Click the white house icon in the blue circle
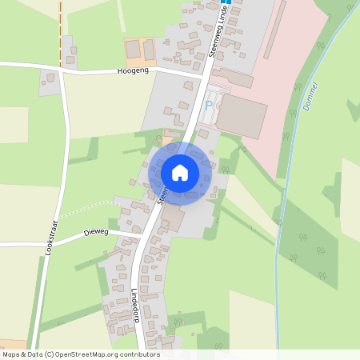click(x=180, y=172)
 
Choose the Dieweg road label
click(x=95, y=233)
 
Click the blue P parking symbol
click(x=210, y=105)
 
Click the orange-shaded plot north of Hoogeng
click(x=140, y=51)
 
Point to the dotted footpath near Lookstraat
click(x=88, y=211)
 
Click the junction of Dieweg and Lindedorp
click(x=142, y=237)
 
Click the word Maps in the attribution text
click(x=12, y=354)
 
